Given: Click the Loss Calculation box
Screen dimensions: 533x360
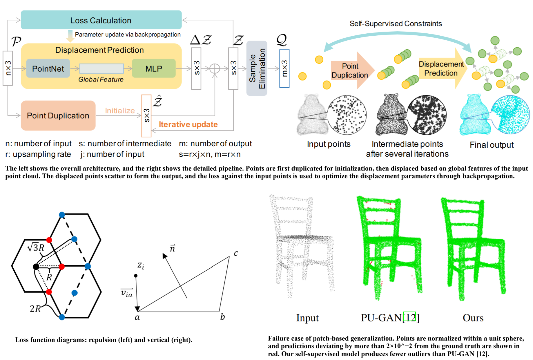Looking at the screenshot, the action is tap(101, 20).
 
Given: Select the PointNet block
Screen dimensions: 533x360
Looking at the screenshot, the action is tap(48, 68).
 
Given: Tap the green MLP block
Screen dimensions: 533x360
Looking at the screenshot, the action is tap(154, 68).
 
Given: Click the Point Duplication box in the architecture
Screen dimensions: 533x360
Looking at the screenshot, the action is tap(58, 115).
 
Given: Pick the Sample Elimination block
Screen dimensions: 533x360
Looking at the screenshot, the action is tap(257, 68).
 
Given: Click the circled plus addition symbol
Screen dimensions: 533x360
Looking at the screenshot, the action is tap(215, 69).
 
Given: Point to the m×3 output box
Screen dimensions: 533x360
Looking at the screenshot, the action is tap(284, 68).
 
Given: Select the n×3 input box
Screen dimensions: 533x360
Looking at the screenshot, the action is tap(8, 68).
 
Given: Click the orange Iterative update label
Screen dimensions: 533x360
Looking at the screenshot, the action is tap(188, 124).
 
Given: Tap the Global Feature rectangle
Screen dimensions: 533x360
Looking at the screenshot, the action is tap(101, 68).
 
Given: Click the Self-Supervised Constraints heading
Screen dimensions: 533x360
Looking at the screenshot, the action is tap(396, 23).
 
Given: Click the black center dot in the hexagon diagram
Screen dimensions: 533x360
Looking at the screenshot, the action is tap(36, 267).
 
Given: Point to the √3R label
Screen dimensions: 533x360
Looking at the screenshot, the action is tap(36, 247).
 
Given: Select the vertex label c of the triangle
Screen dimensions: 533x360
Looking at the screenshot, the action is tap(236, 253).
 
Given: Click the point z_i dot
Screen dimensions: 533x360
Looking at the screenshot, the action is tap(136, 276).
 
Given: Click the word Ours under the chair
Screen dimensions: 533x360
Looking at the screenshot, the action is tap(473, 318).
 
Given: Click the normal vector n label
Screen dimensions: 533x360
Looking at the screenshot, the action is tap(173, 248).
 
